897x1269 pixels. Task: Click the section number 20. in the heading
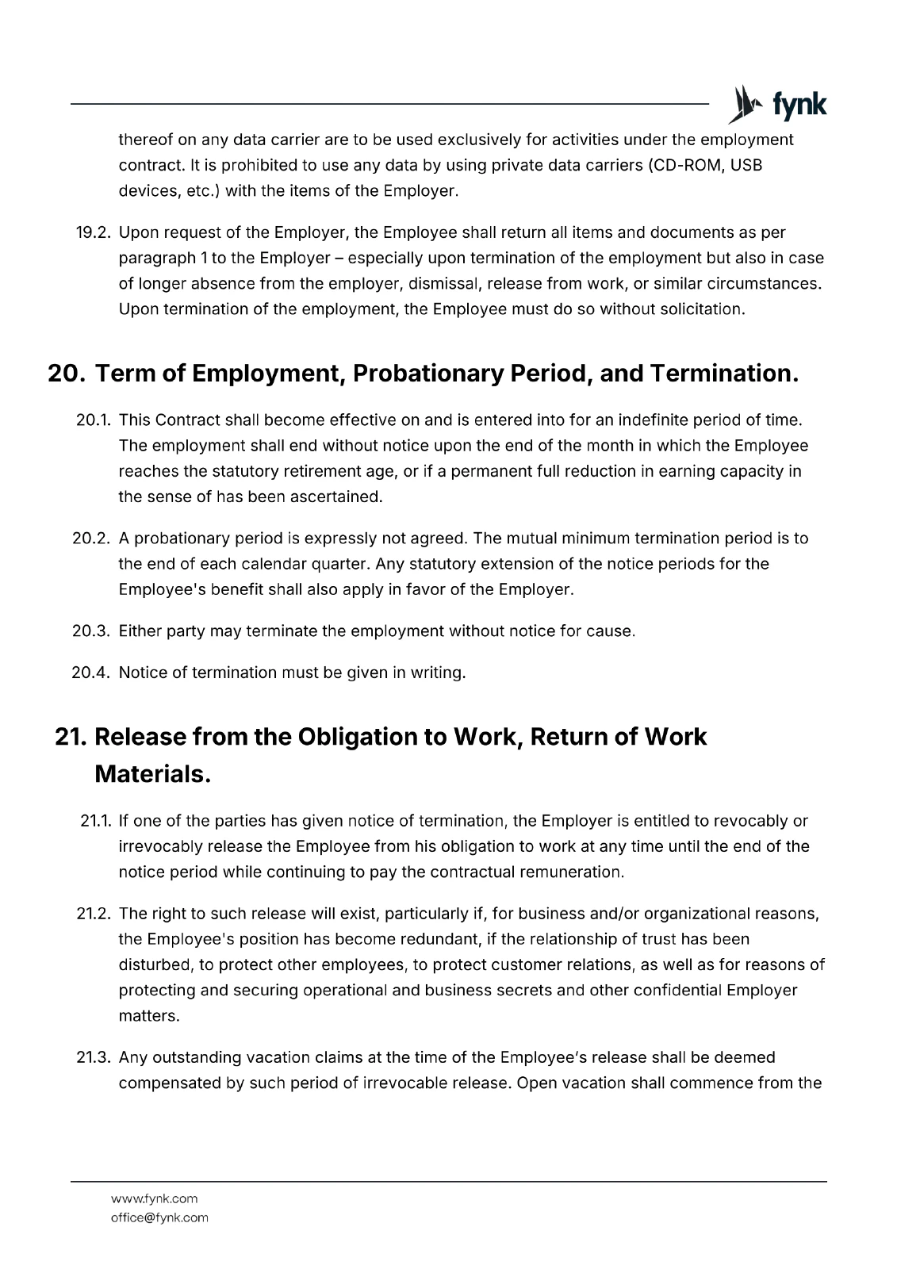[x=67, y=374]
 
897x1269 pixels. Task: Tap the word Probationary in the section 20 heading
[x=428, y=374]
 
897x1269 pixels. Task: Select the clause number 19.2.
[x=93, y=232]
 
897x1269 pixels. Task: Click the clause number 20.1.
[x=93, y=420]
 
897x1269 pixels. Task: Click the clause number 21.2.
[x=93, y=913]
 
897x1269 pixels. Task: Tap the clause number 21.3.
[x=93, y=1057]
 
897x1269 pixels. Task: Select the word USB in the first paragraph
[x=746, y=165]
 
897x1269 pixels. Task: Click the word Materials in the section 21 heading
[x=152, y=774]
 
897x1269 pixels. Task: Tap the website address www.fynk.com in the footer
[x=155, y=1198]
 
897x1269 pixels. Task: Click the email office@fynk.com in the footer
[x=159, y=1217]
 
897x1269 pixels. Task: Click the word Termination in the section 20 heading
[x=723, y=374]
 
